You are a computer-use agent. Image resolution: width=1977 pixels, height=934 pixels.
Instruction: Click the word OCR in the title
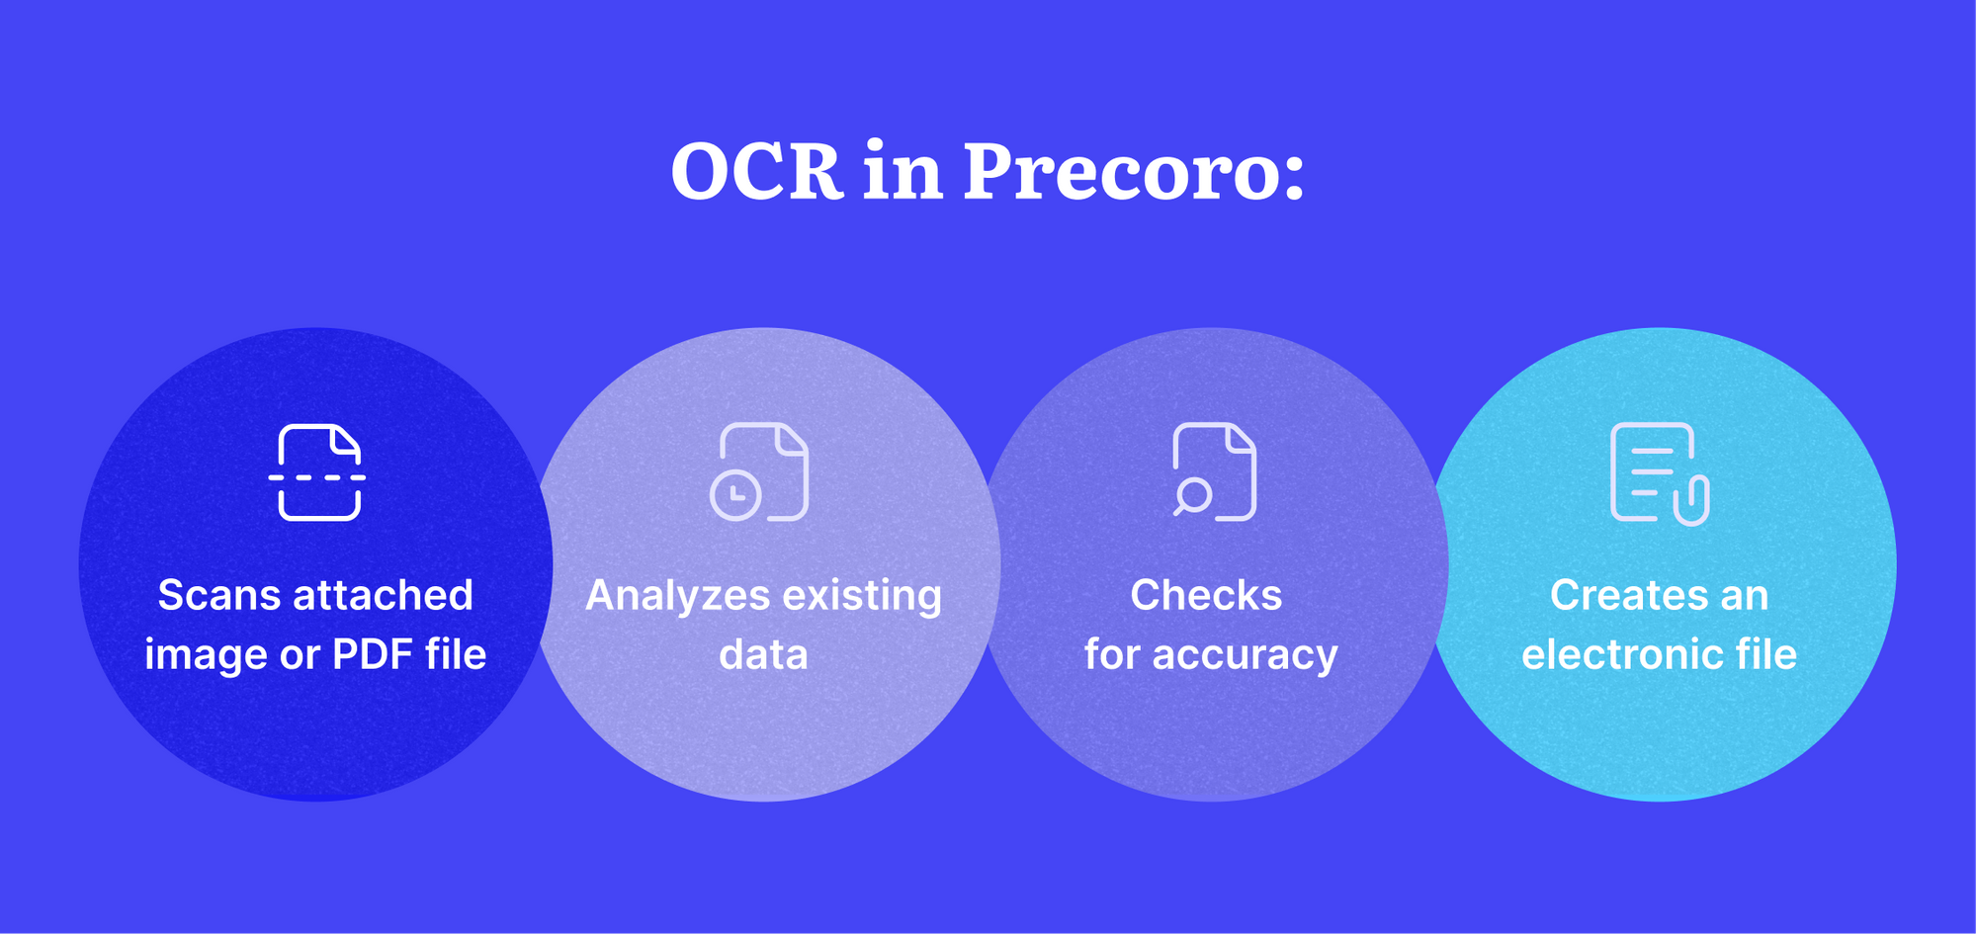(x=756, y=171)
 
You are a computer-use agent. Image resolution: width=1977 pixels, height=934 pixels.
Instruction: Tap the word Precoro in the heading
(x=1135, y=171)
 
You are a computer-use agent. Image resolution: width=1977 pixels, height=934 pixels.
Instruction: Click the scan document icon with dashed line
(x=317, y=472)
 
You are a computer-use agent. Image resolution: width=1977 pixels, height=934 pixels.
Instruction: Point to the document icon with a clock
(x=759, y=471)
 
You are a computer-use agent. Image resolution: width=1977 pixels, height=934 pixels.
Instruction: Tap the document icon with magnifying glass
(x=1214, y=471)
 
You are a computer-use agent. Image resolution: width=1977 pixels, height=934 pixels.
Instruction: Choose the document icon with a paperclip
(x=1660, y=473)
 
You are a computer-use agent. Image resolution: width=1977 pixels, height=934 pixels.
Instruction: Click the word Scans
(x=218, y=596)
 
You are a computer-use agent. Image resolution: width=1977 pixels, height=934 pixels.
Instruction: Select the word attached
(x=384, y=596)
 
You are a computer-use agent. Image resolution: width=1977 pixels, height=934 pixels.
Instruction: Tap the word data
(x=763, y=655)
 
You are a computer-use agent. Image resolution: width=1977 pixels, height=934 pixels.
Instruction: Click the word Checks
(x=1206, y=596)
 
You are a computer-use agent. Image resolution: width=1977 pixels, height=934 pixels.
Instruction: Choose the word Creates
(x=1622, y=596)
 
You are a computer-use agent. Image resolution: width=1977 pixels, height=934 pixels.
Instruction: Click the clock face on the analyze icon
(x=735, y=496)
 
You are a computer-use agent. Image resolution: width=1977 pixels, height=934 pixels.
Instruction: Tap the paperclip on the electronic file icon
(x=1691, y=500)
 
